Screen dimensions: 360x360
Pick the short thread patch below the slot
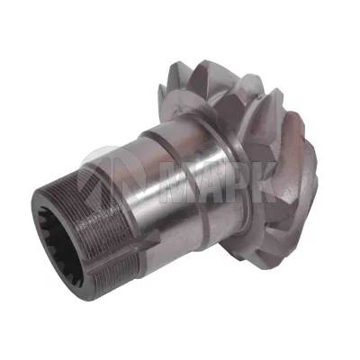tap(115, 273)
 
